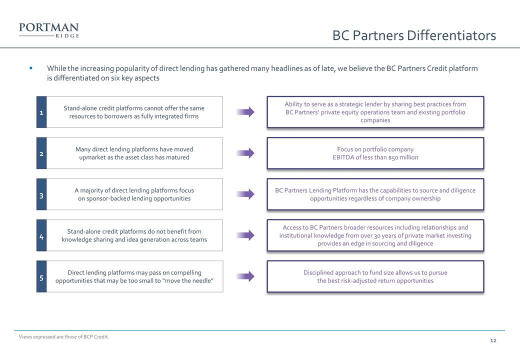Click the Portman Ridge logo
(x=49, y=30)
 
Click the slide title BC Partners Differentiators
(x=414, y=35)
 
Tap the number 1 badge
(x=41, y=112)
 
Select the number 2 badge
(x=41, y=153)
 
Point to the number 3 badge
(x=41, y=194)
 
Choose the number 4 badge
(x=41, y=235)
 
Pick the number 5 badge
(x=41, y=276)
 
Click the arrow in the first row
(x=245, y=112)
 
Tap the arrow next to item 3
(x=245, y=194)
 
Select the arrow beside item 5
(x=245, y=276)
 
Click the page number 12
(x=493, y=341)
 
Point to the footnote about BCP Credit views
(x=64, y=337)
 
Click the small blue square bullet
(x=31, y=68)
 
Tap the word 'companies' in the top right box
(x=375, y=120)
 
